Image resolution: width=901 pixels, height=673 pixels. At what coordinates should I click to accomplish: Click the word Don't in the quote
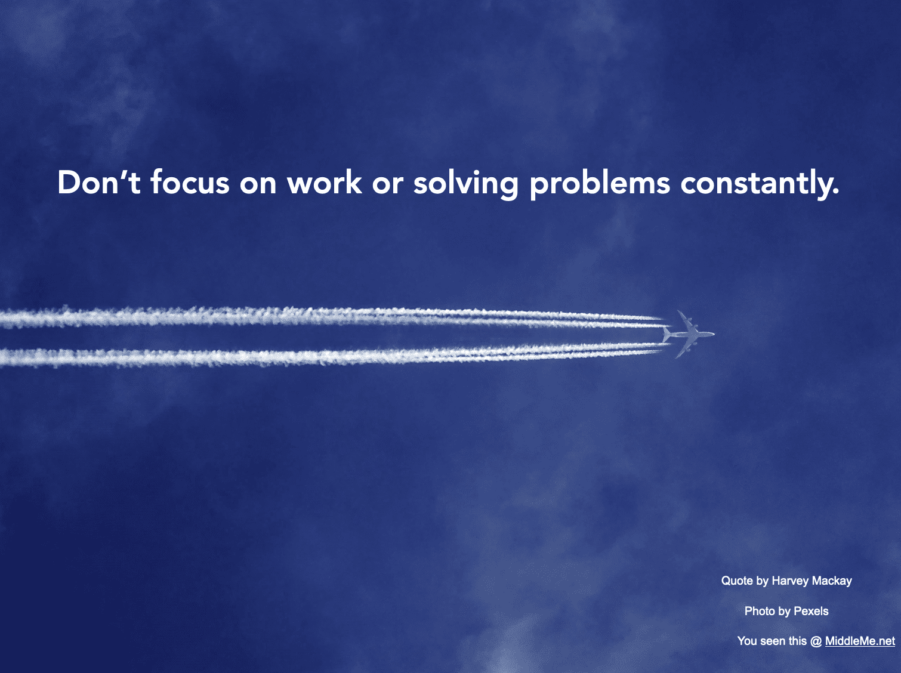pos(99,182)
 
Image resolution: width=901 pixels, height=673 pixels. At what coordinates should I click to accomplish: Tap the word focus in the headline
pos(190,182)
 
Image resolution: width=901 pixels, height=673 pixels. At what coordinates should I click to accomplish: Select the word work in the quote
pos(324,182)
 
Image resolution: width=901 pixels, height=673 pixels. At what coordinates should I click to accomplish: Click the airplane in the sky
pos(688,334)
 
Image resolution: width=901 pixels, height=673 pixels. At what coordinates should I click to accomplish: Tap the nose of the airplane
pos(714,334)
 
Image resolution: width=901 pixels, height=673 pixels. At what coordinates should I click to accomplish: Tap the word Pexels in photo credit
pos(811,612)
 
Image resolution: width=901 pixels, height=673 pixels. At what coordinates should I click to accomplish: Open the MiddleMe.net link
pos(860,641)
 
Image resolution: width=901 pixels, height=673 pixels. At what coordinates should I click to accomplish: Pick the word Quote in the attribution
pos(737,581)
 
